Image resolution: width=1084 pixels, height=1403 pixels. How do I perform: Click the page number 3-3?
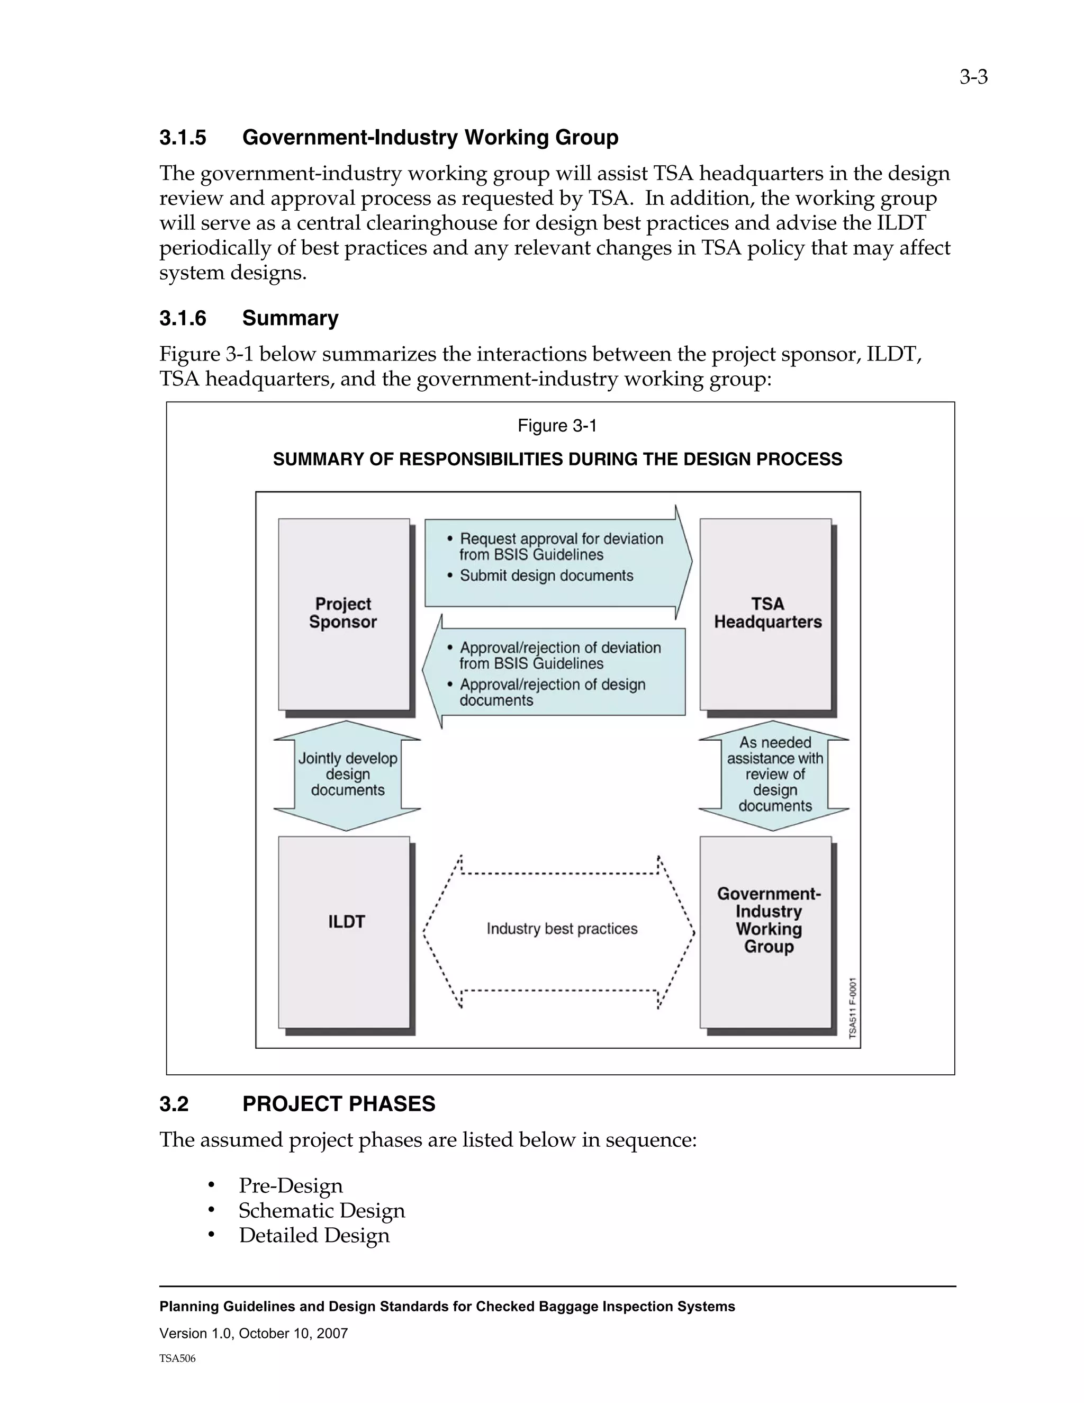973,78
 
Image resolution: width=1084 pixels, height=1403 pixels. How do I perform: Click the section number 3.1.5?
183,138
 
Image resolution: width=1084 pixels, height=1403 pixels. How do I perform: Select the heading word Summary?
290,318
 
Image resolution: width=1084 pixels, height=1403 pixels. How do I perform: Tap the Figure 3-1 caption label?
557,426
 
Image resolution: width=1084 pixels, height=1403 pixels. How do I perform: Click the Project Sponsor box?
344,614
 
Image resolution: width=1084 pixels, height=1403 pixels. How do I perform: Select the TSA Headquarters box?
766,614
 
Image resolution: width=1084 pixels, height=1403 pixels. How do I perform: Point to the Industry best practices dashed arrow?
561,929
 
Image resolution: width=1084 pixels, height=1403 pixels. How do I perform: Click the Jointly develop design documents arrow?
347,775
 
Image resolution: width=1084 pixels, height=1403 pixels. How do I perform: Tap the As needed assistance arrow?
774,775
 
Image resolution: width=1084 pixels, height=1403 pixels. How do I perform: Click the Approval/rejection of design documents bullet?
551,692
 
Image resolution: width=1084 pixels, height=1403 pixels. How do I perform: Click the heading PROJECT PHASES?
338,1104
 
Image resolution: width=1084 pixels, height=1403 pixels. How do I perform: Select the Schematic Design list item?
322,1210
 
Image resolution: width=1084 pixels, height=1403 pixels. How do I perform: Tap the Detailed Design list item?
314,1235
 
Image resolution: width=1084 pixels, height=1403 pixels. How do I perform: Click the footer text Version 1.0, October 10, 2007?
254,1333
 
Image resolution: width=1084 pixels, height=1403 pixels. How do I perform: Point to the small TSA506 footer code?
177,1359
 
